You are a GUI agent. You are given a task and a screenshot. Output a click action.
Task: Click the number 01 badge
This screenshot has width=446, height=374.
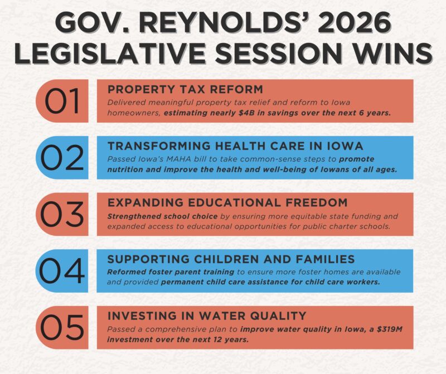click(x=62, y=101)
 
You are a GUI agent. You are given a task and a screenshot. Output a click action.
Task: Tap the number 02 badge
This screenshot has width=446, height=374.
click(x=62, y=158)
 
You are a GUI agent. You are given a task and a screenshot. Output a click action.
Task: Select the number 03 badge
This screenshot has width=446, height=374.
click(x=62, y=214)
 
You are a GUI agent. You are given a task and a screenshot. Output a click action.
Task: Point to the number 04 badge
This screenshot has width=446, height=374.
click(x=62, y=271)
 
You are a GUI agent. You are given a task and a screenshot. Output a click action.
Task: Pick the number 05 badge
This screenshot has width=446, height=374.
click(x=62, y=328)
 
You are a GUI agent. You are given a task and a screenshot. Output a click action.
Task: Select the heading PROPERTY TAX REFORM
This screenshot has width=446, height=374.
click(x=186, y=89)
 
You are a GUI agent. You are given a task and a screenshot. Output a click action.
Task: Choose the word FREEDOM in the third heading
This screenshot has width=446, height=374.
click(x=317, y=202)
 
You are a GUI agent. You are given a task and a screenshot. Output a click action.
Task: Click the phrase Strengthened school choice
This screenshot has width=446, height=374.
click(x=162, y=216)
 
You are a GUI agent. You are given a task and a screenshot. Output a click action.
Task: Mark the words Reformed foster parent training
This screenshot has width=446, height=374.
click(x=171, y=272)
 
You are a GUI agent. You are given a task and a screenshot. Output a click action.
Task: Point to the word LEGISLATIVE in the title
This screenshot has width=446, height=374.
click(x=110, y=53)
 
